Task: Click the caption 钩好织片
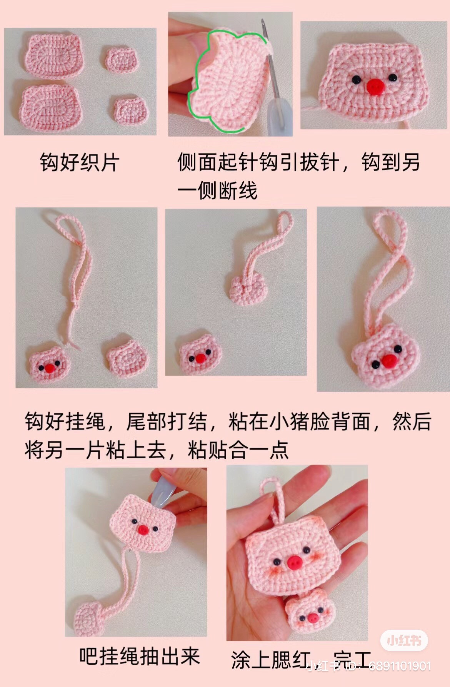tap(80, 162)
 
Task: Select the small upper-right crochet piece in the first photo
tap(122, 59)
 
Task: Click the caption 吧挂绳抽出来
tap(140, 656)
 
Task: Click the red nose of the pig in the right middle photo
tap(389, 361)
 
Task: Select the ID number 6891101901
tap(400, 666)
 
